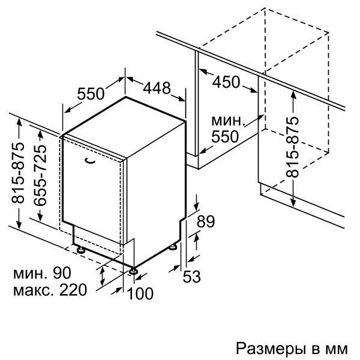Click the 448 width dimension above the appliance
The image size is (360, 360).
157,88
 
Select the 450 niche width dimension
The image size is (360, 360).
226,82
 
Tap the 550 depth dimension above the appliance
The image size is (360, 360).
91,94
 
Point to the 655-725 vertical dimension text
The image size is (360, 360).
40,175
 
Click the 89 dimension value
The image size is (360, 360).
206,221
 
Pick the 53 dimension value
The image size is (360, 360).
192,276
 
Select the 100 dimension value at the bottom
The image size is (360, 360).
140,293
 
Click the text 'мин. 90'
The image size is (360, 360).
42,273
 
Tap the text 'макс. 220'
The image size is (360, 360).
50,290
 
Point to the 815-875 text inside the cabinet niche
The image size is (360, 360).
292,147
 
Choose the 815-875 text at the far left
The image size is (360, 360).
17,173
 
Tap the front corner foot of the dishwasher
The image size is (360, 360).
133,271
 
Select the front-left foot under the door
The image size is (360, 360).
80,250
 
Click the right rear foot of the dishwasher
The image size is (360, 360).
173,247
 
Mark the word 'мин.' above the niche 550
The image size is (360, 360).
227,121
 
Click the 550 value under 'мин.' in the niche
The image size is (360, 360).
225,137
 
